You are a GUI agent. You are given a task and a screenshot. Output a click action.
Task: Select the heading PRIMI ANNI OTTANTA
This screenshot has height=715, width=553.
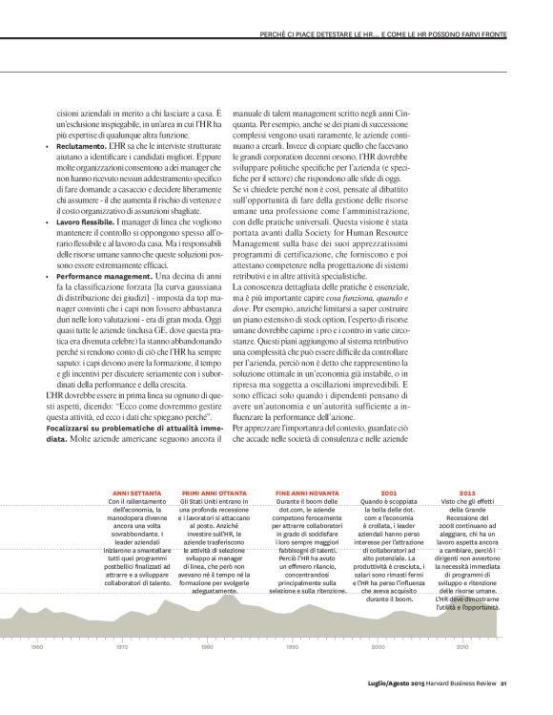pos(209,493)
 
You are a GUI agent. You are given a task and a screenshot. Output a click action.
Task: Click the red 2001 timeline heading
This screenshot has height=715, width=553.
pos(389,493)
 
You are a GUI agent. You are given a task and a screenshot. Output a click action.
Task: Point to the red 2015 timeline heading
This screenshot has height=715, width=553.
pos(467,493)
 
